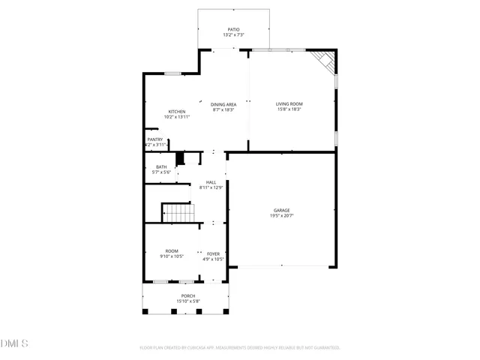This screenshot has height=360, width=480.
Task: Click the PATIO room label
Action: [x=234, y=29]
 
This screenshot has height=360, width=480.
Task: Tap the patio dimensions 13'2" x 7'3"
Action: [x=234, y=35]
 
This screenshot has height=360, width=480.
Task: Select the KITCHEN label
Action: [x=176, y=111]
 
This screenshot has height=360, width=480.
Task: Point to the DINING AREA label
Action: [x=223, y=104]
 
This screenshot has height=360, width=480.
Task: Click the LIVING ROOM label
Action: [x=289, y=103]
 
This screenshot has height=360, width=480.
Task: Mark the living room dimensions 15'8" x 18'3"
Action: [x=289, y=109]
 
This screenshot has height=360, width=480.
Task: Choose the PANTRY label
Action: [x=154, y=139]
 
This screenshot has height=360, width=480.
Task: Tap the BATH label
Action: [x=161, y=166]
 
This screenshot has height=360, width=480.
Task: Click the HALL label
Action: [x=211, y=181]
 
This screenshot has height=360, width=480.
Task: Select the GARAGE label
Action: [x=281, y=210]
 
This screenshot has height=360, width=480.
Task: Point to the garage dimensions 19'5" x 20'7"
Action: [x=281, y=216]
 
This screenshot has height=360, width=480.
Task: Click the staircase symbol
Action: [x=178, y=213]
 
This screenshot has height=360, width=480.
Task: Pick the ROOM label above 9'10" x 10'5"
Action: [x=172, y=250]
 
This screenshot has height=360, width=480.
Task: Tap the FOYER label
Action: [x=214, y=253]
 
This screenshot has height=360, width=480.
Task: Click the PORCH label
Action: [x=187, y=295]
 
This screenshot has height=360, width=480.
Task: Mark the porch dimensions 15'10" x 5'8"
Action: [x=187, y=301]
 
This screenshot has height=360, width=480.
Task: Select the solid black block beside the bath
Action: [x=179, y=158]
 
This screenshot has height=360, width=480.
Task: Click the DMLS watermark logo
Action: [x=14, y=343]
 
